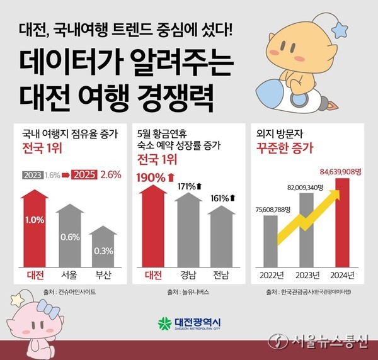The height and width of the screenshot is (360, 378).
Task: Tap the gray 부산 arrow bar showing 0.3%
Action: (x=103, y=249)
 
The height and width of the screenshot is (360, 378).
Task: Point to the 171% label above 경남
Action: (x=187, y=187)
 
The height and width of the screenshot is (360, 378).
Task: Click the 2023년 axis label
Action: (x=307, y=275)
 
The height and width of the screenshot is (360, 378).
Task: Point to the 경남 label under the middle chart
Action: (x=187, y=275)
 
